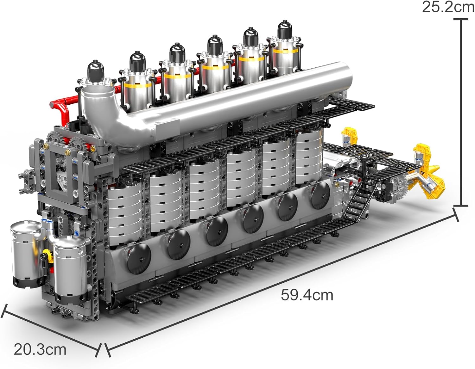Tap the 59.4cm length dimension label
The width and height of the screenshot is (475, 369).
click(x=307, y=295)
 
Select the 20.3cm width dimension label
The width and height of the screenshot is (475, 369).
click(x=40, y=349)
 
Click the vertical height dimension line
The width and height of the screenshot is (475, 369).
click(x=461, y=112)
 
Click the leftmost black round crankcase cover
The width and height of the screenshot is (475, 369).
click(x=139, y=258)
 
